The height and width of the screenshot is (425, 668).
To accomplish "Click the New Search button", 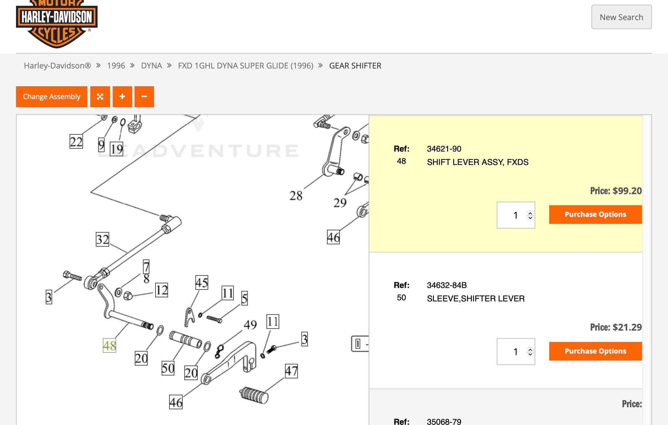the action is tap(621, 17).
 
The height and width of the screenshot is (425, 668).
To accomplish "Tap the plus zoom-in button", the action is tap(122, 97).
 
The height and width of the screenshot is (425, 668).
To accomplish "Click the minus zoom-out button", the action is tap(144, 97).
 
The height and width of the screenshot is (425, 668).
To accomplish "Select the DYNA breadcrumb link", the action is tap(151, 66).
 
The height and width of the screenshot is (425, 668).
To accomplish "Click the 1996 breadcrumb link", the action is tap(116, 66).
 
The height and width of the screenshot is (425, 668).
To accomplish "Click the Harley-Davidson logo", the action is tap(57, 23).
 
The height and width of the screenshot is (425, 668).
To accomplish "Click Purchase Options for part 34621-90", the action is tap(595, 214).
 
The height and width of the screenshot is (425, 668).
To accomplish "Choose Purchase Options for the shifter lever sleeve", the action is tap(595, 351).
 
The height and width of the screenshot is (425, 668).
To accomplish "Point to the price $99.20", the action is tap(616, 191).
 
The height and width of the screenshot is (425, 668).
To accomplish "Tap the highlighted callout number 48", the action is tap(110, 345).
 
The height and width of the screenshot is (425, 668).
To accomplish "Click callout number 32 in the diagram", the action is tap(103, 239).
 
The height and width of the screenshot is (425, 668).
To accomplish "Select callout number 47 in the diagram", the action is tap(291, 371).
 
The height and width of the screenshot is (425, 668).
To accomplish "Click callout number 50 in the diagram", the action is tap(168, 368).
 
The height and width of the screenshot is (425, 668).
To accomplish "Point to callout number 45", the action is tap(202, 283).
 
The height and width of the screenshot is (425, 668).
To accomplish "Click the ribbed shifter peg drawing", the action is tap(254, 395).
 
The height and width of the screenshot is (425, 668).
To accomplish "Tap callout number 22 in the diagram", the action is tap(76, 141).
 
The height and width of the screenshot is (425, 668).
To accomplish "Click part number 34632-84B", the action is tap(447, 285).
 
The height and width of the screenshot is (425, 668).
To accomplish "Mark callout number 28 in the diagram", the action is tap(296, 196).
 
